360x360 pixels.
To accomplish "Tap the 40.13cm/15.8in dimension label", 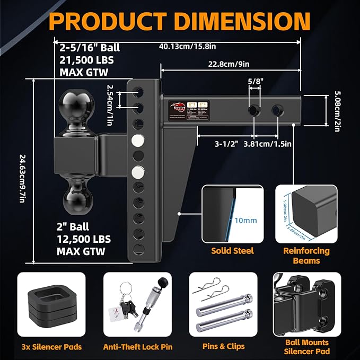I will point(186,46).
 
